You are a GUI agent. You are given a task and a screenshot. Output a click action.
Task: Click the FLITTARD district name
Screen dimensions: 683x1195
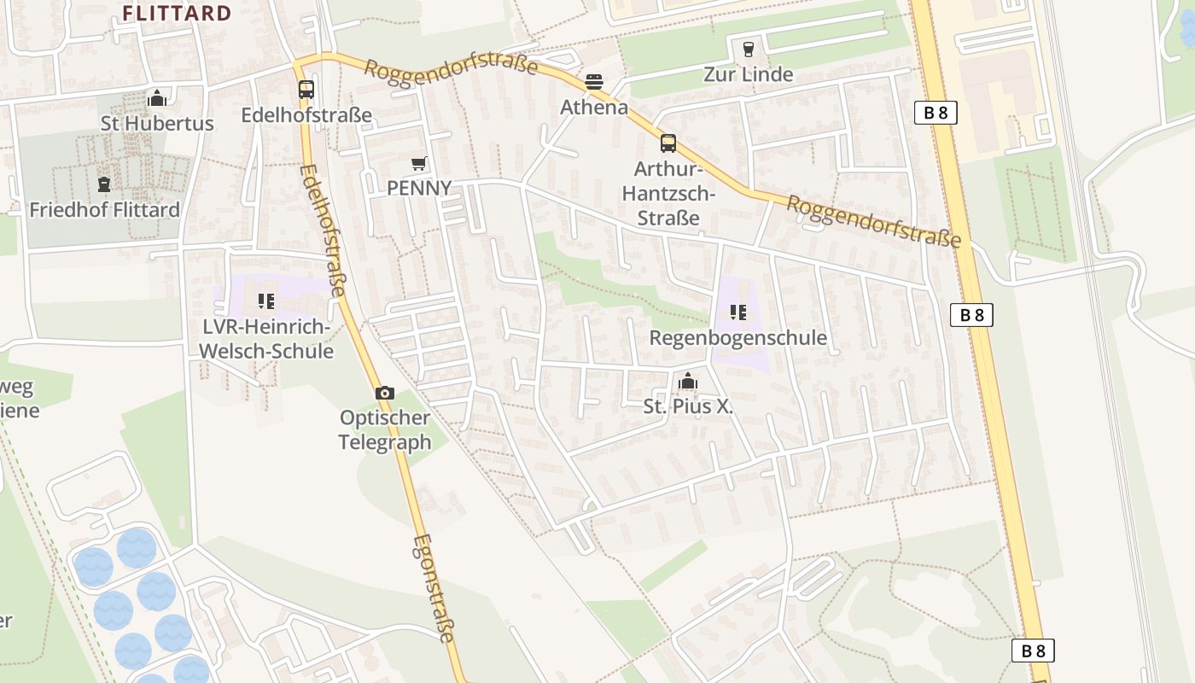[x=177, y=13]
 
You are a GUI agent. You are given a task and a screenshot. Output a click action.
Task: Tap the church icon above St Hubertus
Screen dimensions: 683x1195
[x=156, y=99]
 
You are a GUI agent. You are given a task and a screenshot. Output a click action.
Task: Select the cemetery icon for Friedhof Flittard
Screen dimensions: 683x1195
[x=104, y=184]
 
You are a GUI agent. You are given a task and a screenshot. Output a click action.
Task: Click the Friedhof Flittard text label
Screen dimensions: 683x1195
[x=104, y=209]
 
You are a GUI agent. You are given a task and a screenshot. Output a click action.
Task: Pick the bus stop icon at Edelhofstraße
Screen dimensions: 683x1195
[x=306, y=90]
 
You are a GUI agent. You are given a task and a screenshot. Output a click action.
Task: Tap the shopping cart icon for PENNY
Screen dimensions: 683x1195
[x=418, y=163]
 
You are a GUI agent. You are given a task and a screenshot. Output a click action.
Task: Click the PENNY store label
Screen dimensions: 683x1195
[x=418, y=188]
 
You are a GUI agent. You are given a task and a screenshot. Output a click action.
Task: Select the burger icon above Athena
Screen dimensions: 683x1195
[x=594, y=82]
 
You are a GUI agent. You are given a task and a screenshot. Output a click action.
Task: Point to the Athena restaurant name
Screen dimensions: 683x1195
[x=594, y=108]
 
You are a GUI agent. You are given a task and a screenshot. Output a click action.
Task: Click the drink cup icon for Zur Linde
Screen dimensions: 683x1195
[x=749, y=50]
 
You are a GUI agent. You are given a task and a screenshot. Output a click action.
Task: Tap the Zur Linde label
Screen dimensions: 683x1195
[x=749, y=74]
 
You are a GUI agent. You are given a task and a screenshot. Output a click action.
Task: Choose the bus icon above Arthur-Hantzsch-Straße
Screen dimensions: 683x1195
[x=667, y=143]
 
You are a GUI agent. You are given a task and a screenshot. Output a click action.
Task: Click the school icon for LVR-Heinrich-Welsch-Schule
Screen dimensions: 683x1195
[x=265, y=301]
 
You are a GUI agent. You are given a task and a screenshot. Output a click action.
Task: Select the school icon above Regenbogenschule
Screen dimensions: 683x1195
[x=738, y=312]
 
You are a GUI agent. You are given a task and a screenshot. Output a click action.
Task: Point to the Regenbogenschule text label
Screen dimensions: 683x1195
[x=738, y=337]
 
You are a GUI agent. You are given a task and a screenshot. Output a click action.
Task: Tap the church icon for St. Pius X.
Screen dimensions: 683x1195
[x=688, y=382]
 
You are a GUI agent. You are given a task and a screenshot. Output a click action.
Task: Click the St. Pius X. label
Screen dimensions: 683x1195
[x=688, y=406]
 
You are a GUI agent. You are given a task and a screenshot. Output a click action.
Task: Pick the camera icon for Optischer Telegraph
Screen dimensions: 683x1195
[x=385, y=393]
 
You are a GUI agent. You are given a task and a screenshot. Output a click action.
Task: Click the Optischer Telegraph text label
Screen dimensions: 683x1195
[x=385, y=429]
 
